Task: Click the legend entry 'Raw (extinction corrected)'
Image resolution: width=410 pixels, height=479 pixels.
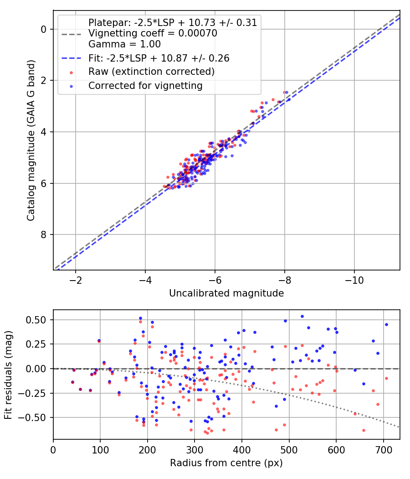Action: (x=151, y=72)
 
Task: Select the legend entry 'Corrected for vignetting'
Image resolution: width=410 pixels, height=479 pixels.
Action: (x=145, y=85)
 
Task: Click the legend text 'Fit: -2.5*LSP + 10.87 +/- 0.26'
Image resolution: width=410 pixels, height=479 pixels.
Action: (x=159, y=58)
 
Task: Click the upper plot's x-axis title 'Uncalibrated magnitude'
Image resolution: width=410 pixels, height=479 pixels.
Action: (x=226, y=293)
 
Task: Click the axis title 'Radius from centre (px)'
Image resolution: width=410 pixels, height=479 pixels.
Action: (x=226, y=463)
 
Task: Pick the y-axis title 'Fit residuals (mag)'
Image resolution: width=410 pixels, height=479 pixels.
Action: (x=9, y=375)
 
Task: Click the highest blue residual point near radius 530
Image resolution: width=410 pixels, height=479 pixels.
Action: (x=302, y=316)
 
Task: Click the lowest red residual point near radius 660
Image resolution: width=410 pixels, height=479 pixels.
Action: (x=364, y=430)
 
